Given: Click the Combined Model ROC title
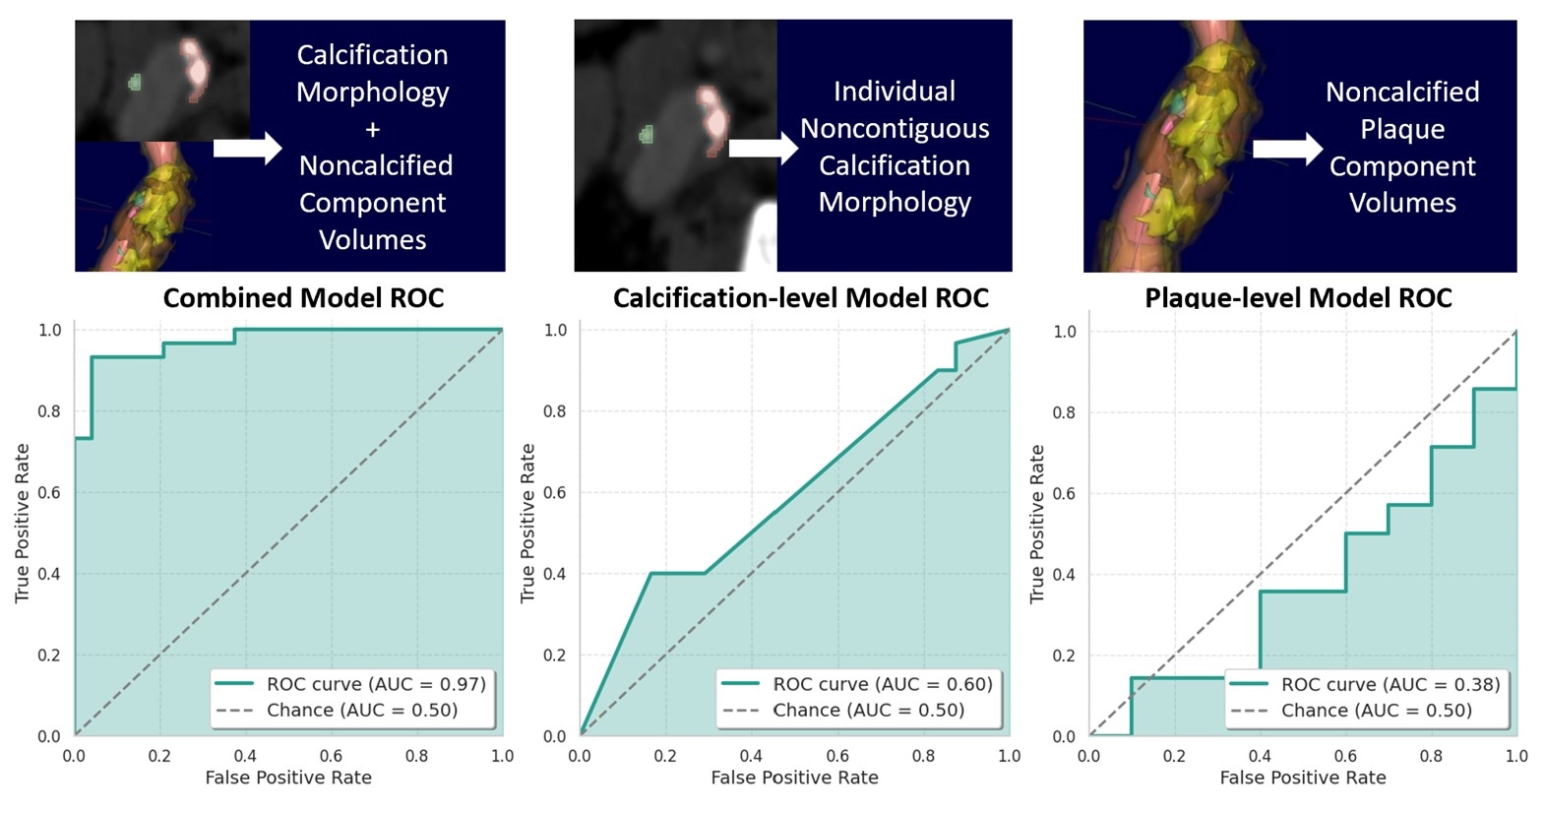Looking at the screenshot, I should (303, 297).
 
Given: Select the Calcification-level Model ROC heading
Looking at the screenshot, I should (800, 297).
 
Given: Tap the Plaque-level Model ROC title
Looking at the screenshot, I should (1298, 297).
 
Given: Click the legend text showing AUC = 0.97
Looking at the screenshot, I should (376, 684).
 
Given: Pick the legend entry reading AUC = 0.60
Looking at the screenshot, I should (883, 684).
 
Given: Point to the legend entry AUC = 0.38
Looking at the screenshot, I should (1390, 684).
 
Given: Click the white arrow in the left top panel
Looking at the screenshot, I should (247, 148).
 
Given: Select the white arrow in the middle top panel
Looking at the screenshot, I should (763, 148).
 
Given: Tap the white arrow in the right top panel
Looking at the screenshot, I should (1287, 149).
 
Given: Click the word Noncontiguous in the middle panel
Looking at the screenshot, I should (895, 128).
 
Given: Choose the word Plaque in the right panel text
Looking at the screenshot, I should (1402, 129).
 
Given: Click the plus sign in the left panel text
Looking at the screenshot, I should (373, 129).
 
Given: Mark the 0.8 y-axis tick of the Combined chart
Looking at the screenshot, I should (49, 411).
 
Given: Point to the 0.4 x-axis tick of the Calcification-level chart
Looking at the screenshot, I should (751, 756).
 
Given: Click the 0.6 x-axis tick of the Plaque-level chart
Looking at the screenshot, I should (1345, 756).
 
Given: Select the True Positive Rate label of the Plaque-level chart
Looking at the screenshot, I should (1036, 524).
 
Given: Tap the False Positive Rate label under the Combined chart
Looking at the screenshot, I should (288, 778).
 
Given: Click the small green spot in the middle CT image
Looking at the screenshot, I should (647, 135).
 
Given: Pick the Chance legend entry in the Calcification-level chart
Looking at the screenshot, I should (867, 711).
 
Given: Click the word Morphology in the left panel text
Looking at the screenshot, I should (373, 92).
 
